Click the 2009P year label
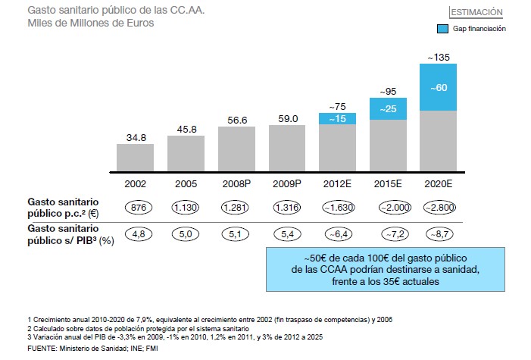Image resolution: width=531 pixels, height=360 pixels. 287,183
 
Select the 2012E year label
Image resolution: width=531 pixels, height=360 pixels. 337,183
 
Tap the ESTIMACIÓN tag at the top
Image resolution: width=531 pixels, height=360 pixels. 476,12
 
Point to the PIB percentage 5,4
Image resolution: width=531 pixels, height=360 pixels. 287,235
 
